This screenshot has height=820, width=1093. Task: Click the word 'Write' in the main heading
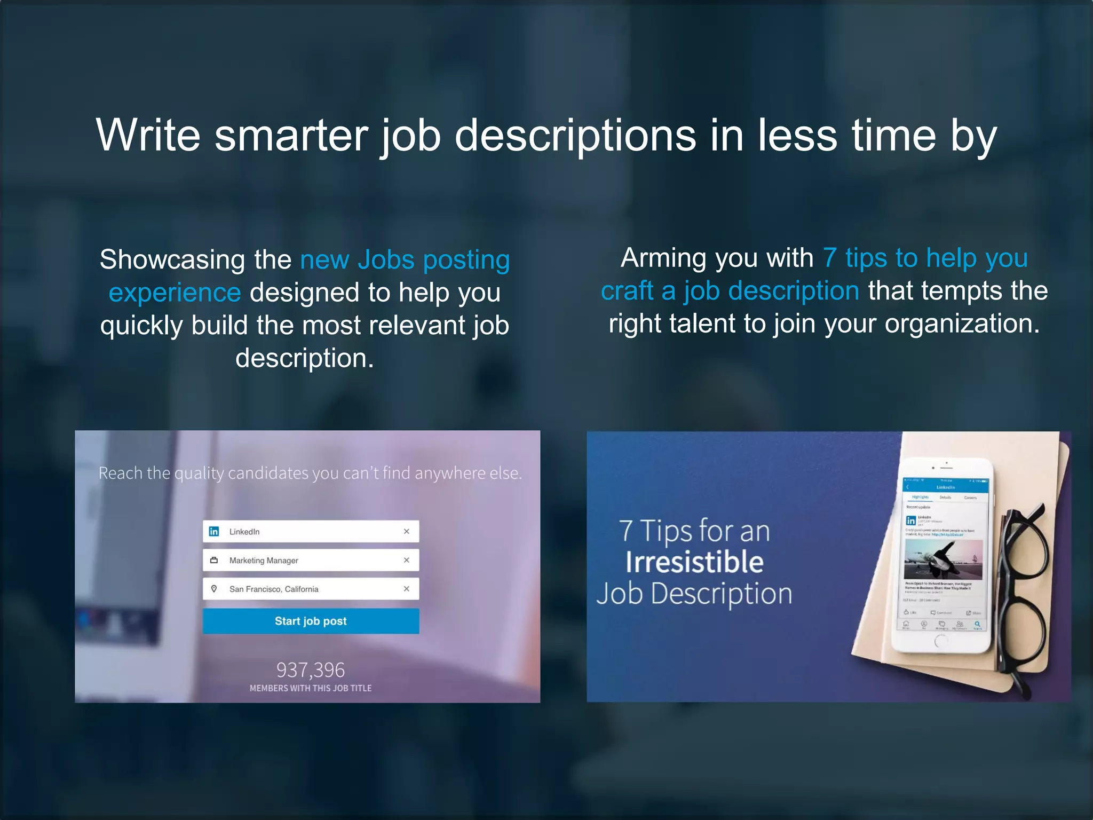(x=148, y=135)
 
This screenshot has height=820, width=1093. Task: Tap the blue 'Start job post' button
(x=311, y=621)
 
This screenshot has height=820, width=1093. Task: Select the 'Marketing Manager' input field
(x=311, y=560)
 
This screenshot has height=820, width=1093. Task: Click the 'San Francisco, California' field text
(x=274, y=589)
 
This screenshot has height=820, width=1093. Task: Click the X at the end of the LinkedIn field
(x=407, y=531)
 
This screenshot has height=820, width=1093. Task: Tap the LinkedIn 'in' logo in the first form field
(x=214, y=531)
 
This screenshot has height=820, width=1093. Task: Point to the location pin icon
(x=214, y=589)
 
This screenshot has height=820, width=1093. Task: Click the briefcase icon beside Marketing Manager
(x=214, y=560)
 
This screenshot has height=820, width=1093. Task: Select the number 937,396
(x=311, y=669)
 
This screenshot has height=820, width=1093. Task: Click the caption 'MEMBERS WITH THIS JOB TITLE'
(x=311, y=688)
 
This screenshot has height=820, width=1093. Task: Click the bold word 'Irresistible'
(x=694, y=562)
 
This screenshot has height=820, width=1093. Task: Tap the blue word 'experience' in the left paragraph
(x=175, y=293)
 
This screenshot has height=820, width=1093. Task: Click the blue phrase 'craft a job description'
(x=730, y=291)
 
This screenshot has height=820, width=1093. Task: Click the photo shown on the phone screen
(x=943, y=559)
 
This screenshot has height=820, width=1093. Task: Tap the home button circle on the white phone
(x=940, y=641)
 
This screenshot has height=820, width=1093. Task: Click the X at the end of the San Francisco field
(x=407, y=589)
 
